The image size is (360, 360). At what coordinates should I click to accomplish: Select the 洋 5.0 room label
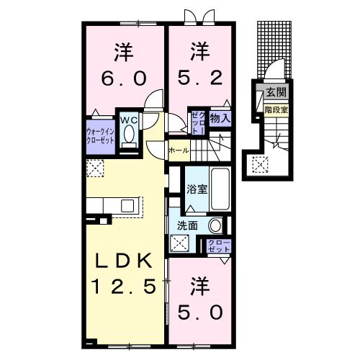[x=200, y=300]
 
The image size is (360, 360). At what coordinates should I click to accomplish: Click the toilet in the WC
[x=130, y=135]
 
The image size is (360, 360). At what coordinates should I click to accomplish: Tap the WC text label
[x=130, y=119]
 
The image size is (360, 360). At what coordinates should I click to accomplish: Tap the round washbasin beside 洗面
[x=215, y=224]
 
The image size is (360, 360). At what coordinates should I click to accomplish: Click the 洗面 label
[x=187, y=225]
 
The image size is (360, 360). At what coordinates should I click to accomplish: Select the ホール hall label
[x=178, y=150]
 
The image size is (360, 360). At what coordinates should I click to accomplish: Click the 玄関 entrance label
[x=274, y=92]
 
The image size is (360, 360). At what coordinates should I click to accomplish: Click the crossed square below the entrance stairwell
[x=258, y=165]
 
